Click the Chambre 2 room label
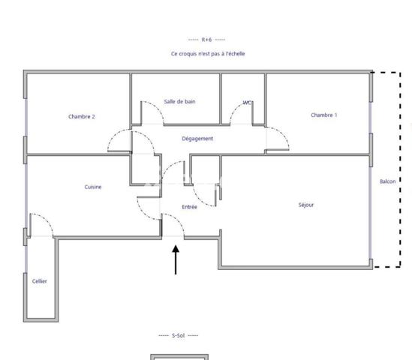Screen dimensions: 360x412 [81, 116]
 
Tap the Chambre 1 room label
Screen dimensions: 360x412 [323, 115]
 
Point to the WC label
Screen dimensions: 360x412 [247, 103]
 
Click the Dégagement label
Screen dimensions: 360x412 [197, 139]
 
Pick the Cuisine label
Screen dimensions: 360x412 [93, 187]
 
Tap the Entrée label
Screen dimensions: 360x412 [189, 207]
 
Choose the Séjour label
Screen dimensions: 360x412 [305, 205]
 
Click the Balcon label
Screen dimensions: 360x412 [387, 181]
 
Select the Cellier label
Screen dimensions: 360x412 [40, 281]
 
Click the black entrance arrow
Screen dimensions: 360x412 [176, 259]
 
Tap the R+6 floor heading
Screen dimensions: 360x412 [207, 39]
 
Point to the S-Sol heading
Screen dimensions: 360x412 [178, 335]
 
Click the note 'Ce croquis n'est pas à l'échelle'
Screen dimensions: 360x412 [208, 54]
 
